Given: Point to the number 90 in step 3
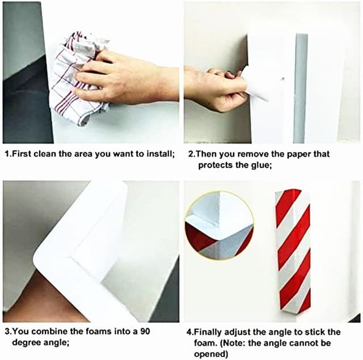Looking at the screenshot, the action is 145,331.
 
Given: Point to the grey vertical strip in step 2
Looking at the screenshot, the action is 301,88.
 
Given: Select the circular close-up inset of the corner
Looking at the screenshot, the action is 219,225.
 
